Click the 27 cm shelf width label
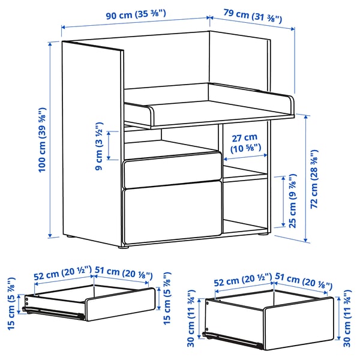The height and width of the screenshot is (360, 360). pyautogui.click(x=245, y=142)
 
